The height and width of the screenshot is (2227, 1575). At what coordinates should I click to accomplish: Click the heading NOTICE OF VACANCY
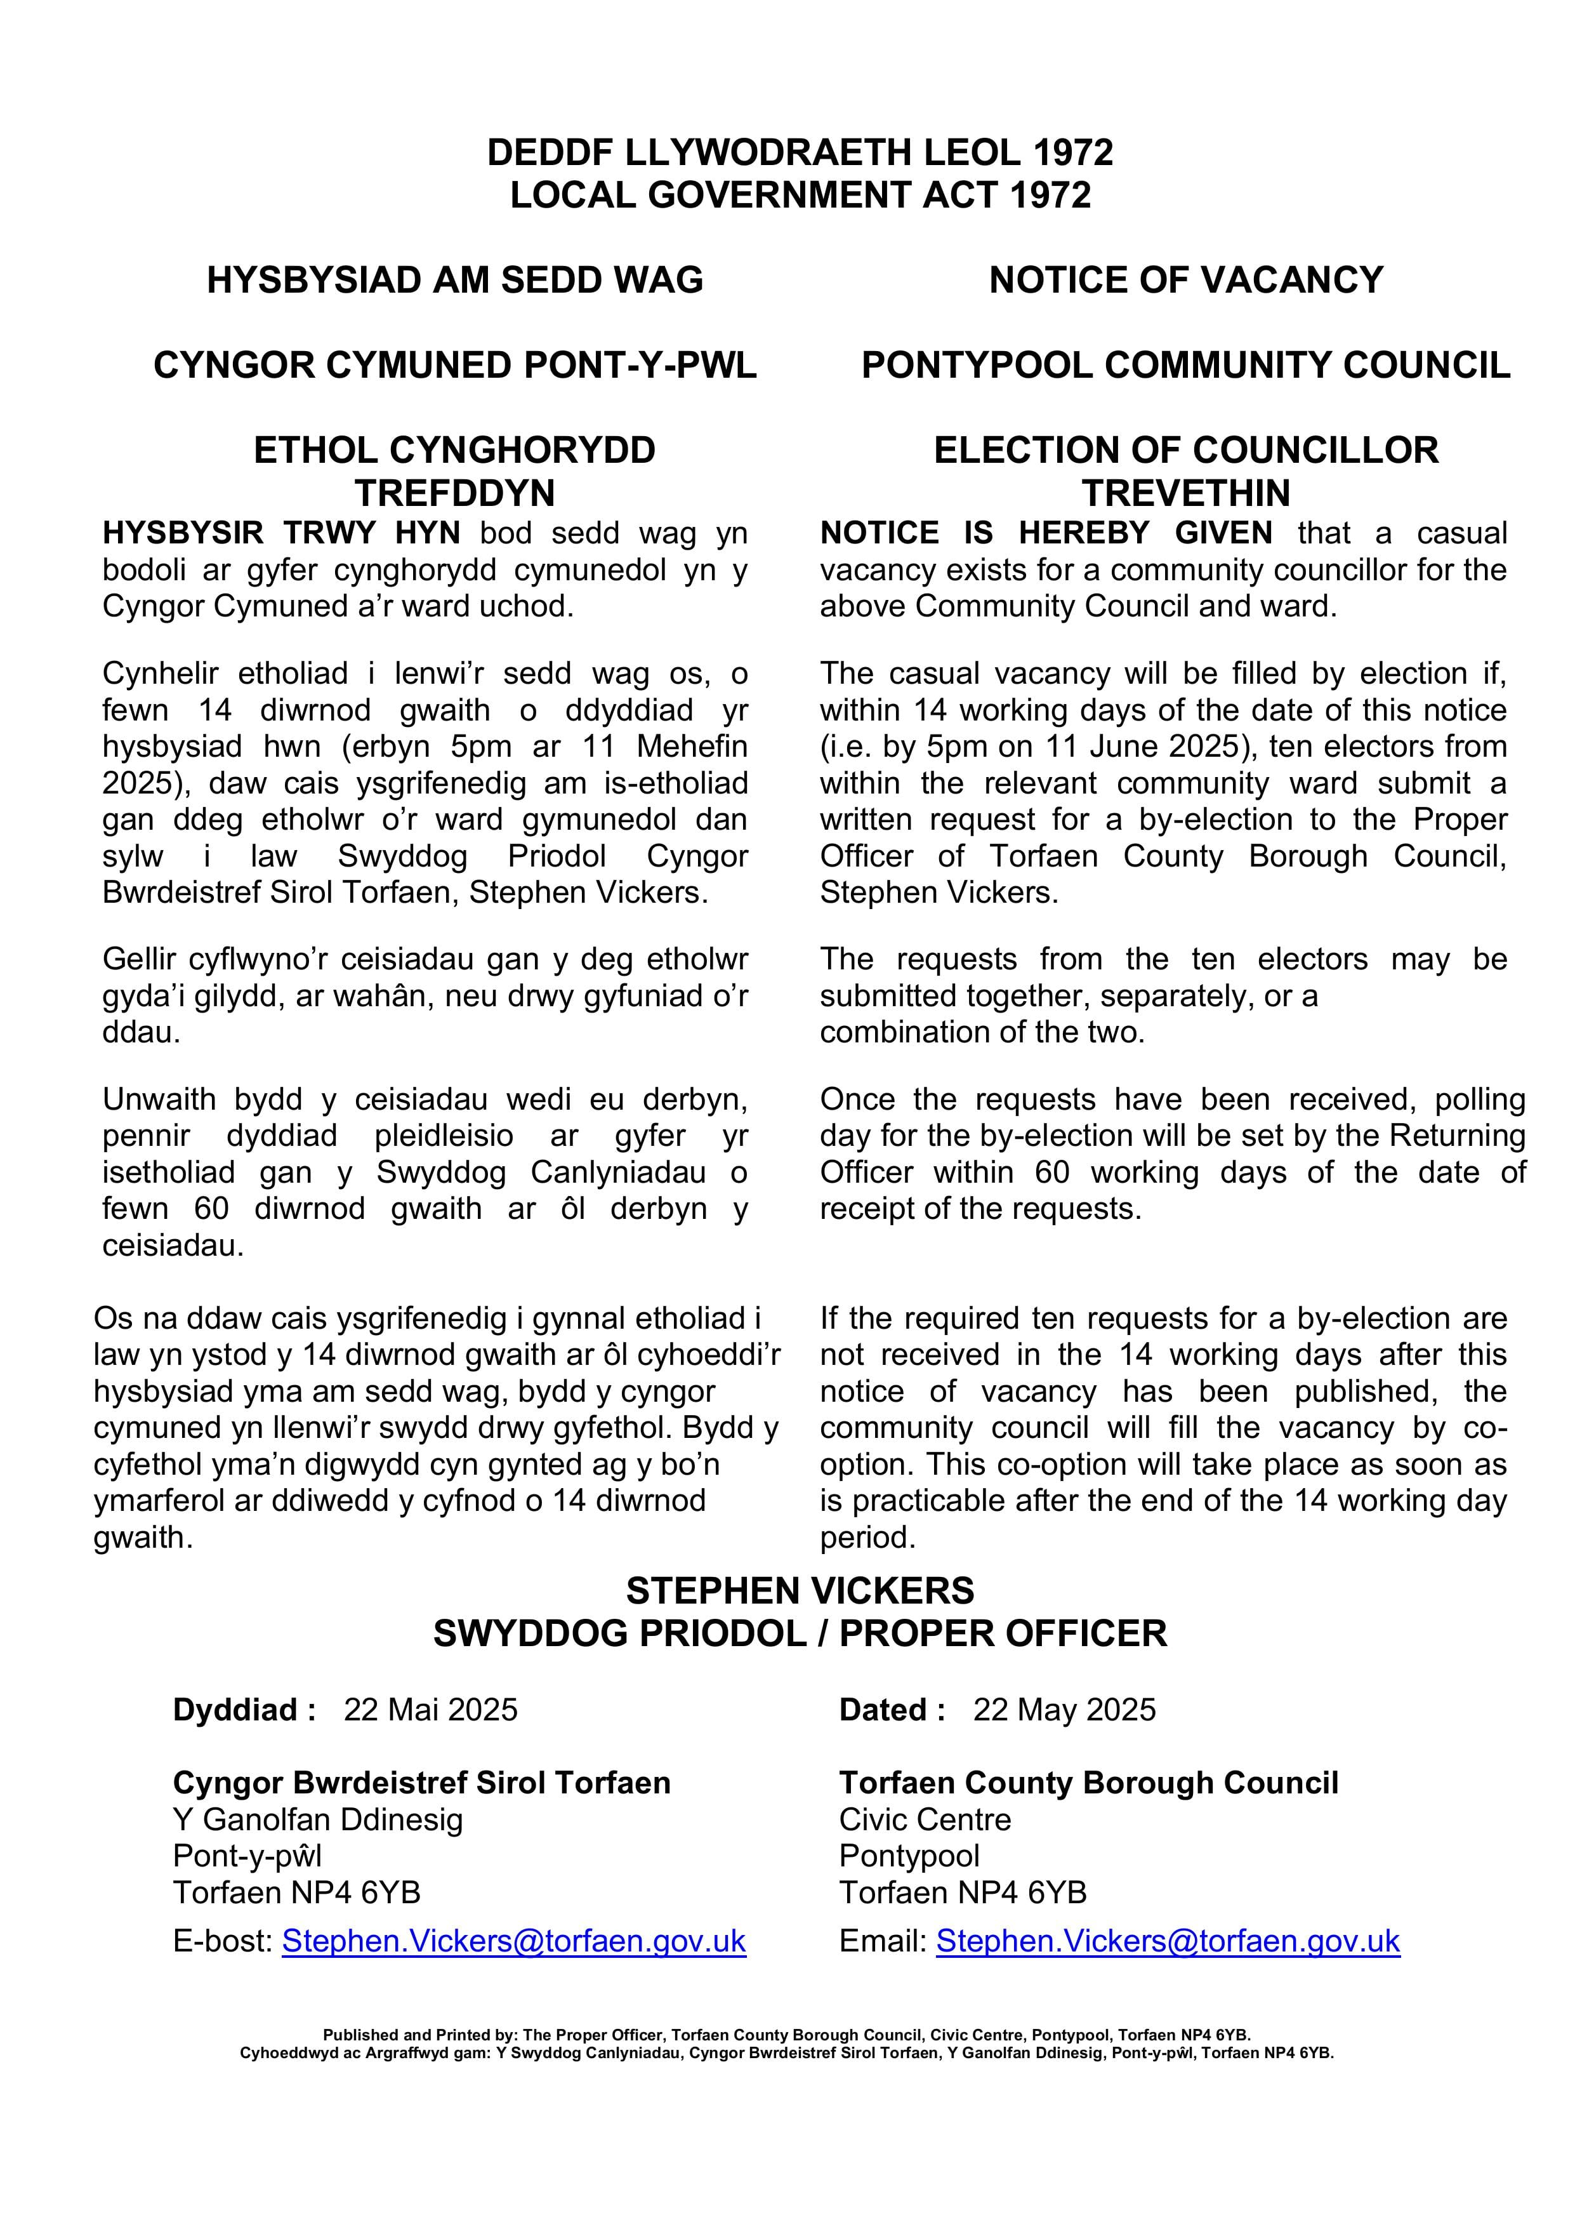(1185, 281)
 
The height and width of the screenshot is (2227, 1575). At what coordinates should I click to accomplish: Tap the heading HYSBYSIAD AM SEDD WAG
(455, 281)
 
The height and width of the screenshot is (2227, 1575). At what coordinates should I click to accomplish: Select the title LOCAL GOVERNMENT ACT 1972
(800, 195)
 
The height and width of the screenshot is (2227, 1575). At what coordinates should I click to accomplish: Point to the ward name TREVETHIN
(1185, 493)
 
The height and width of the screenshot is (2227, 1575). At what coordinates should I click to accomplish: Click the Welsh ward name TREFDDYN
(455, 493)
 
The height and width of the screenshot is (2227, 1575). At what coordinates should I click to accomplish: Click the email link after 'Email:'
(1168, 1941)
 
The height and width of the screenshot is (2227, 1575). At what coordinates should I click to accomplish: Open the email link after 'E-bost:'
(514, 1941)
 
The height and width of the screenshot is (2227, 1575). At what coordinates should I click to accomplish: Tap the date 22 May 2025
(1064, 1709)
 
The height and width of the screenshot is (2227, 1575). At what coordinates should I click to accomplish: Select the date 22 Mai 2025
(431, 1709)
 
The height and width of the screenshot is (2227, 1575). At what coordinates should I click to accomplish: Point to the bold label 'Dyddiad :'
(244, 1709)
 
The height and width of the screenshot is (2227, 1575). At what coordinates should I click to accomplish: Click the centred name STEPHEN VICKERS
(800, 1591)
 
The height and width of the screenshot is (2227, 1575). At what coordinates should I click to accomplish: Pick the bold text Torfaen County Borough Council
(1088, 1783)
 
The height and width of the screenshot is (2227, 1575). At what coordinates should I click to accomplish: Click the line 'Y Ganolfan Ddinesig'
(318, 1819)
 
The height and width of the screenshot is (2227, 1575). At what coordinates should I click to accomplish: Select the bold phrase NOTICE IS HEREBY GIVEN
(1046, 533)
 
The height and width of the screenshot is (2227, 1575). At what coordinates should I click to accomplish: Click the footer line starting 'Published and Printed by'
(786, 2034)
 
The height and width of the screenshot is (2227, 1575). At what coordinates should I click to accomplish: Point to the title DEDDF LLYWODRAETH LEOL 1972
(800, 152)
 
